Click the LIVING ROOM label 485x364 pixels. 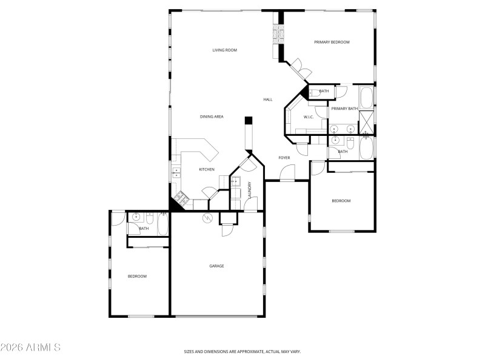pyautogui.click(x=224, y=50)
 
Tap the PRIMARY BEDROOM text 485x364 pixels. pyautogui.click(x=332, y=42)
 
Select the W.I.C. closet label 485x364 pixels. pyautogui.click(x=308, y=116)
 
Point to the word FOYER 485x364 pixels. pyautogui.click(x=284, y=158)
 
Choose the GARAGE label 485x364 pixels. pyautogui.click(x=216, y=266)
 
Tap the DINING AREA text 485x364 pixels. pyautogui.click(x=212, y=116)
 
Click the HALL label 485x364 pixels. pyautogui.click(x=268, y=99)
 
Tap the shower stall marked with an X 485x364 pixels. pyautogui.click(x=367, y=122)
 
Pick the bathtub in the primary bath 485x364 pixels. pyautogui.click(x=367, y=97)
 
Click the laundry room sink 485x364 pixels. pyautogui.click(x=236, y=181)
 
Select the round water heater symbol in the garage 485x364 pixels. pyautogui.click(x=207, y=217)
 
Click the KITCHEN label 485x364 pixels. pyautogui.click(x=207, y=169)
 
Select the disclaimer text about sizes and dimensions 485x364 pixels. pyautogui.click(x=242, y=351)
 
